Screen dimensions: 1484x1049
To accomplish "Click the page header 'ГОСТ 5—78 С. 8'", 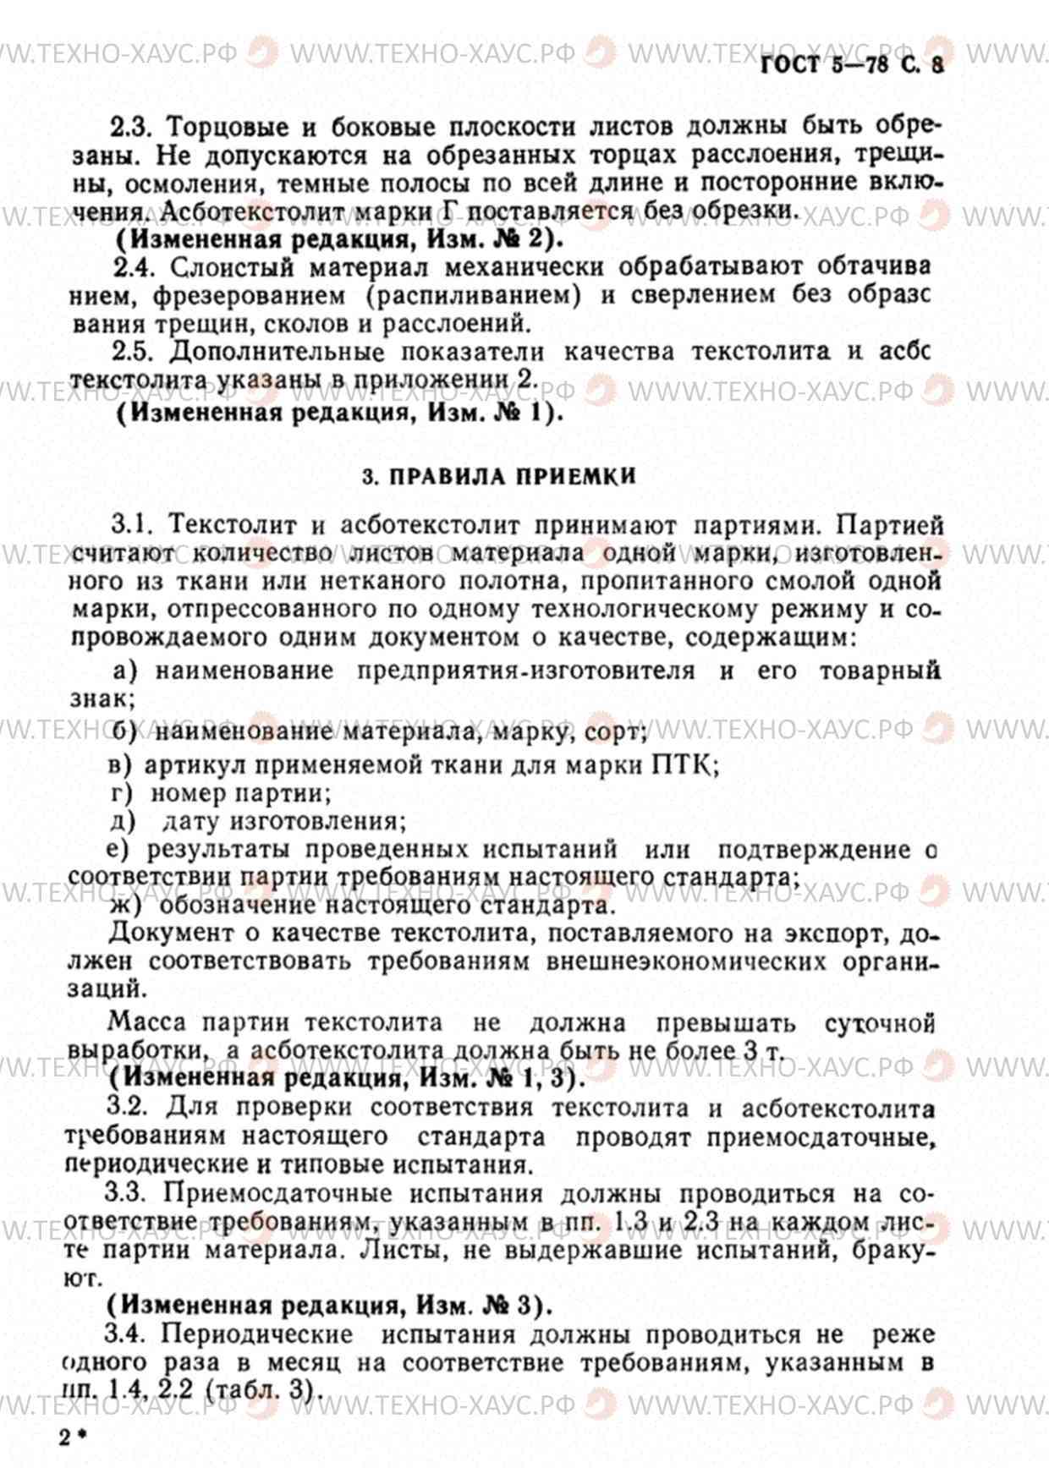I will pyautogui.click(x=852, y=64).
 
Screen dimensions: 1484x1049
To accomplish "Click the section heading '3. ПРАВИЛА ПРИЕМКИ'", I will pyautogui.click(x=499, y=477).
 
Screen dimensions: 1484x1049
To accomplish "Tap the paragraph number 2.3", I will pyautogui.click(x=130, y=128).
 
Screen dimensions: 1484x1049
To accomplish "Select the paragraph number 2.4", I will pyautogui.click(x=134, y=267).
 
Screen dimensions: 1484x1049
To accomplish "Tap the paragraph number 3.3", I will pyautogui.click(x=126, y=1194).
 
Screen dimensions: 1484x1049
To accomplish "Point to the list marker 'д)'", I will pyautogui.click(x=124, y=821).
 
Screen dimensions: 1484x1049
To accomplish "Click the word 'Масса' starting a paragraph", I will pyautogui.click(x=147, y=1022).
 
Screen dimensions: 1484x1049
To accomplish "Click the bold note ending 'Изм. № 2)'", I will pyautogui.click(x=339, y=239).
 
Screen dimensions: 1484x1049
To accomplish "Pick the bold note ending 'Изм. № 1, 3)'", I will pyautogui.click(x=348, y=1078).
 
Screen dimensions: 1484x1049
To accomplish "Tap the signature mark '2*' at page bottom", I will pyautogui.click(x=73, y=1438).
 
